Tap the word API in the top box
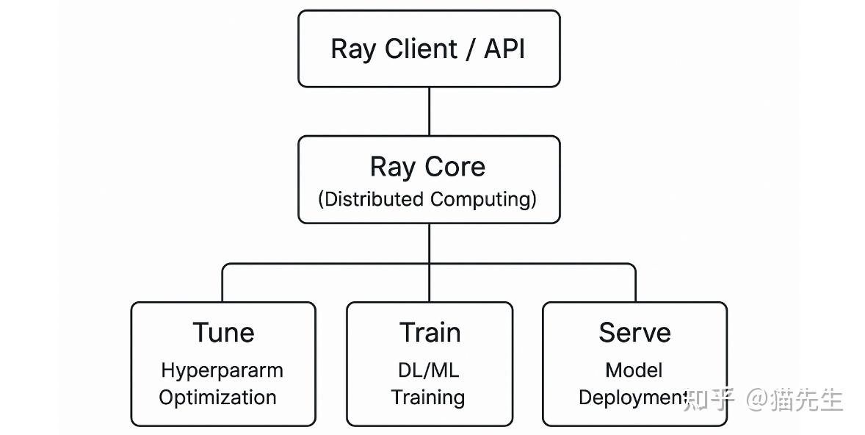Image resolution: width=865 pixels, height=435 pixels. [504, 49]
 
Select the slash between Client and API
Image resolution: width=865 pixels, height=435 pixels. [471, 49]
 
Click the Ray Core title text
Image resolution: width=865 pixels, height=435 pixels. [427, 167]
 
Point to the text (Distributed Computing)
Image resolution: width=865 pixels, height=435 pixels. [427, 199]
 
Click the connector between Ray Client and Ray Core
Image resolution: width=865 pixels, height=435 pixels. [429, 111]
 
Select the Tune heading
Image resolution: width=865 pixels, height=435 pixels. [223, 333]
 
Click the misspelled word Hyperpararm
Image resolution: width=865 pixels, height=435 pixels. [222, 370]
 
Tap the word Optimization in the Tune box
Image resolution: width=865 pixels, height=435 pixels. [218, 398]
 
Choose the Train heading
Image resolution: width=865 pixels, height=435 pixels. [430, 333]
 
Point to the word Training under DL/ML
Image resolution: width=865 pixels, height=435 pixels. [427, 398]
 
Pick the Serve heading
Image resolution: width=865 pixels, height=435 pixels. [634, 333]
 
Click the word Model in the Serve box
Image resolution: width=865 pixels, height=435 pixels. [634, 370]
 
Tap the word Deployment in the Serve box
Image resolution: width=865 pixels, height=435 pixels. [633, 398]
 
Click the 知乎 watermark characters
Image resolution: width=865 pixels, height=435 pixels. [709, 400]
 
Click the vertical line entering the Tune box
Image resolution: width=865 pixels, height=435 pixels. [223, 283]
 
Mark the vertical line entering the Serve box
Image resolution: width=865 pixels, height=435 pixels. [635, 283]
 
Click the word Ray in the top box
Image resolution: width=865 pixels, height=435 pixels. [352, 49]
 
